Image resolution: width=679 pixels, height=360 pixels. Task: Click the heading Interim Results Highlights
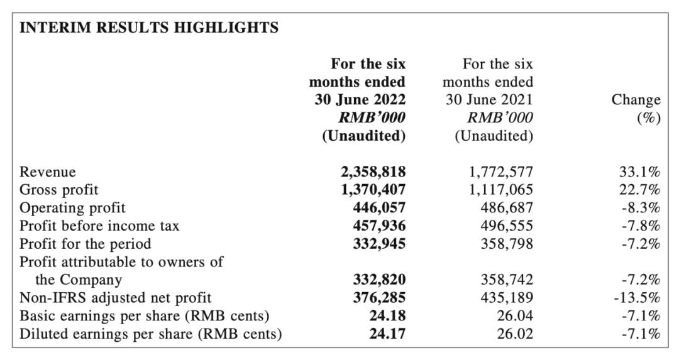(149, 27)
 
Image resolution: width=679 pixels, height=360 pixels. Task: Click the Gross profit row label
(59, 190)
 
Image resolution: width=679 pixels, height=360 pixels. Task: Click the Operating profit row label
(72, 208)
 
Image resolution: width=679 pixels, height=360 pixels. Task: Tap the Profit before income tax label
(99, 226)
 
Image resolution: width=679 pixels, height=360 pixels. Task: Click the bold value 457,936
(380, 226)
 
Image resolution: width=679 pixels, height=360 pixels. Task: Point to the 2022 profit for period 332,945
(380, 244)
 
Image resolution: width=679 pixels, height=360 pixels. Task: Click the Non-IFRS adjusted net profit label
(116, 298)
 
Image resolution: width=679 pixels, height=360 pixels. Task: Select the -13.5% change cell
(637, 298)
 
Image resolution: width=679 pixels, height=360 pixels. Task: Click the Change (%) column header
(636, 108)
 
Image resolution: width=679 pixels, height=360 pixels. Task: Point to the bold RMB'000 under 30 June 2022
(372, 117)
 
